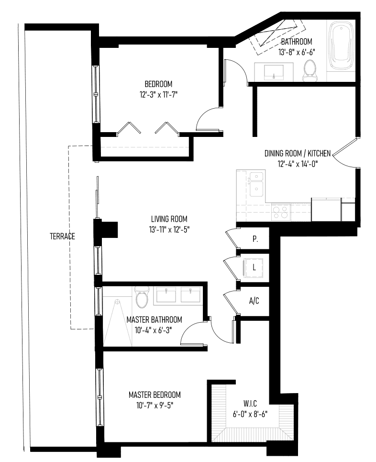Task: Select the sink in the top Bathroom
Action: (x=274, y=72)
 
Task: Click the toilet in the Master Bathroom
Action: (x=142, y=297)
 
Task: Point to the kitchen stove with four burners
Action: (x=281, y=212)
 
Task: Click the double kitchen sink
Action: (x=256, y=185)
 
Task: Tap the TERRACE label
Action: (x=62, y=237)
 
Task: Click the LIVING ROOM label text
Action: (x=169, y=219)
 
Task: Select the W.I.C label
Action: (x=250, y=403)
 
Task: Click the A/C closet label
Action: (x=254, y=301)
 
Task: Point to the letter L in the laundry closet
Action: (x=254, y=267)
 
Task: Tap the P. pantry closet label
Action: (x=255, y=239)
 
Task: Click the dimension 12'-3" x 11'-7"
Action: (x=158, y=95)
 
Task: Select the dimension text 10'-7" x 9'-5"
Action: (x=155, y=406)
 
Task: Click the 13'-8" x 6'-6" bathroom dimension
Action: (x=297, y=53)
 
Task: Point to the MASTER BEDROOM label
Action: (x=155, y=395)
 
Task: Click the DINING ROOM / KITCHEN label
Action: (x=298, y=153)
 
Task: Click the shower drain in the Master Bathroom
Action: (x=117, y=302)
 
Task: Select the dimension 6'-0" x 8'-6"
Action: (x=250, y=414)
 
